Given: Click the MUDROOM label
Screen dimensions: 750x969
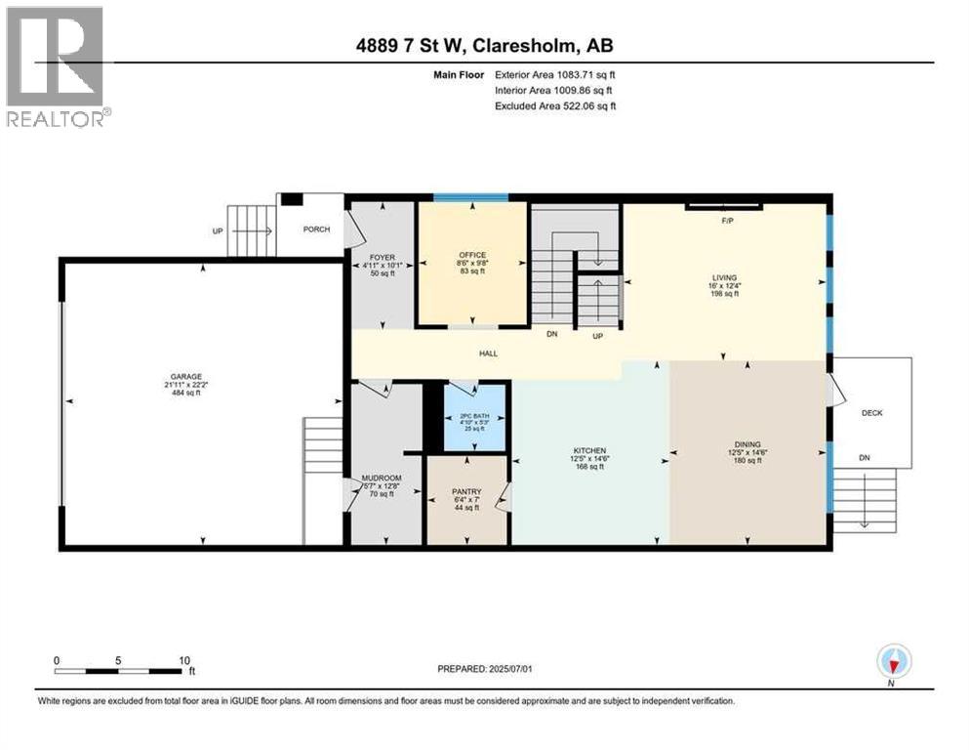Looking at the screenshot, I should pos(382,478).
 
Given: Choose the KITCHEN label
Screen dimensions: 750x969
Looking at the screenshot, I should pos(589,450).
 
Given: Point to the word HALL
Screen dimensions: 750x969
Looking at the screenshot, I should pos(488,353).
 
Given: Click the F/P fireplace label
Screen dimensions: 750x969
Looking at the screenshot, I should pos(726,221).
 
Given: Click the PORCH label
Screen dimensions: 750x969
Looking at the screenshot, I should pos(317,229).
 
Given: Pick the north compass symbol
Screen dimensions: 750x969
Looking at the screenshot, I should pos(892,661).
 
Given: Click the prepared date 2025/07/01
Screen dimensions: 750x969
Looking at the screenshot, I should pos(521,669).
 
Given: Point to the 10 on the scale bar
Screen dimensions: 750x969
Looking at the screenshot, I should pos(183,659).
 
